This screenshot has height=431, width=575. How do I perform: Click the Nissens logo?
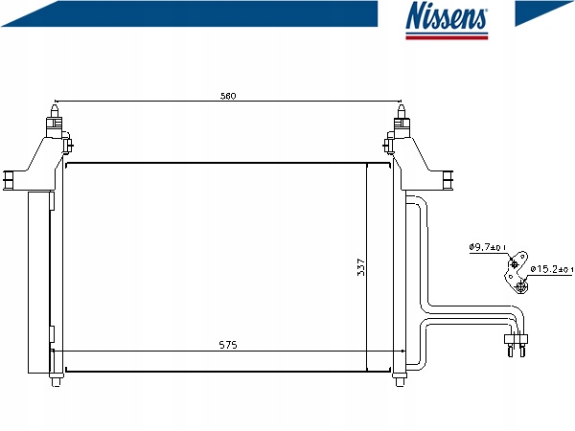tap(447, 20)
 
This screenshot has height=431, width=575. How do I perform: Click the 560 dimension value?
tap(228, 96)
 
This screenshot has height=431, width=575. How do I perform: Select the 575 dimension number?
tap(228, 345)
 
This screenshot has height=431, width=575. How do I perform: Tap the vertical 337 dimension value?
tap(361, 267)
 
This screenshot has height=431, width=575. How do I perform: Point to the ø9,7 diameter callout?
tap(488, 247)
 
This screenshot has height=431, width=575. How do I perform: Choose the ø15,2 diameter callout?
tap(551, 269)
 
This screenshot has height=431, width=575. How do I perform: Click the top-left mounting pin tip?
tap(55, 106)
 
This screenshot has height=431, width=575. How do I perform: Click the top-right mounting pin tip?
tap(402, 106)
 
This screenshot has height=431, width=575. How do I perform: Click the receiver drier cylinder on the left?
tap(39, 283)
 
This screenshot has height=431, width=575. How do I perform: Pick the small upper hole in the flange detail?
tap(514, 263)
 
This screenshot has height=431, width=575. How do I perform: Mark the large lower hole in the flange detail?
tap(520, 286)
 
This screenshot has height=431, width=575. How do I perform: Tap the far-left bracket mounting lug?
tap(9, 181)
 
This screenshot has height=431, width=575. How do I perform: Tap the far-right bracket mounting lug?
tap(448, 181)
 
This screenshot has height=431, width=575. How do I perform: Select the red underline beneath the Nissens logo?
tap(447, 37)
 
